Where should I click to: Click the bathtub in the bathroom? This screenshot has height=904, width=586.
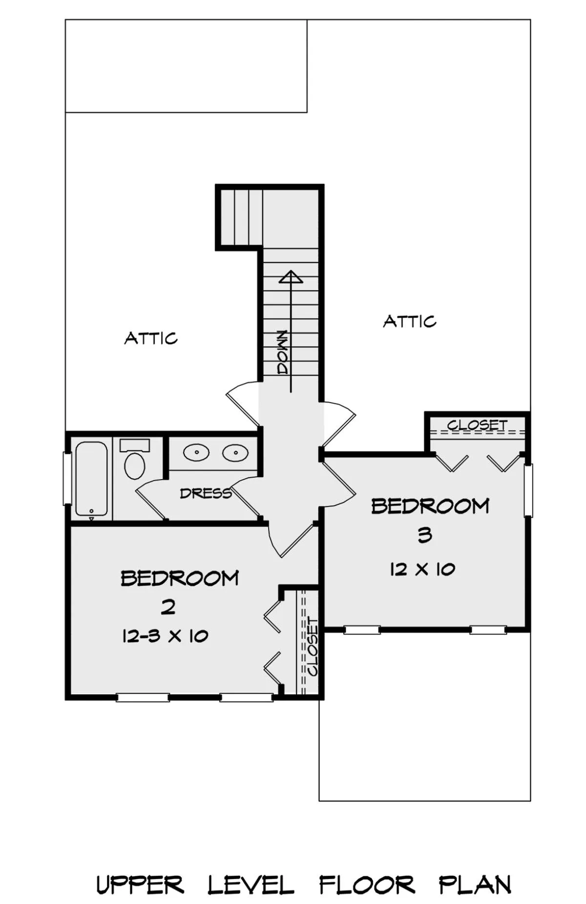pyautogui.click(x=91, y=479)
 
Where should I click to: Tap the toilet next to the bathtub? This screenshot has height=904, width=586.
pyautogui.click(x=135, y=459)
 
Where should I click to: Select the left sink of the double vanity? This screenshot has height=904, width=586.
pyautogui.click(x=196, y=453)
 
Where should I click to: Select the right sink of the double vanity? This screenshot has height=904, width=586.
pyautogui.click(x=235, y=453)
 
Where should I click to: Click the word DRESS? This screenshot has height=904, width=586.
pyautogui.click(x=206, y=494)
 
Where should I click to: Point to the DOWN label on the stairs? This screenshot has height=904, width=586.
pyautogui.click(x=282, y=352)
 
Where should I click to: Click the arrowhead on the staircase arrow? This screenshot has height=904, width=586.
pyautogui.click(x=291, y=277)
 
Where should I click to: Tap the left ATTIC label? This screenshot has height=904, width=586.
pyautogui.click(x=151, y=338)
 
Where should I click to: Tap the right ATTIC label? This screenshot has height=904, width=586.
pyautogui.click(x=409, y=321)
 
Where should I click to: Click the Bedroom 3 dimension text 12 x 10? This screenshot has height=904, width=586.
pyautogui.click(x=422, y=569)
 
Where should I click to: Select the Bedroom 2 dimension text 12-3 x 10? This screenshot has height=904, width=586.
pyautogui.click(x=165, y=636)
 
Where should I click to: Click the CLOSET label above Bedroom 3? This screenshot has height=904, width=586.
pyautogui.click(x=477, y=425)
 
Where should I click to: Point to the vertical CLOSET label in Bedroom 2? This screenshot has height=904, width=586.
pyautogui.click(x=312, y=647)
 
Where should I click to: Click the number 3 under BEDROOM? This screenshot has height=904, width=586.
pyautogui.click(x=425, y=535)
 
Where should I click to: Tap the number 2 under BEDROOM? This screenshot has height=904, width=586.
pyautogui.click(x=168, y=607)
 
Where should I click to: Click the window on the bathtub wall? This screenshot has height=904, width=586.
pyautogui.click(x=67, y=479)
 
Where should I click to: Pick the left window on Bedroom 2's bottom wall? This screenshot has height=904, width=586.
pyautogui.click(x=143, y=698)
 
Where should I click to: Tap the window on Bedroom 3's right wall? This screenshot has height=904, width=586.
pyautogui.click(x=528, y=490)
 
